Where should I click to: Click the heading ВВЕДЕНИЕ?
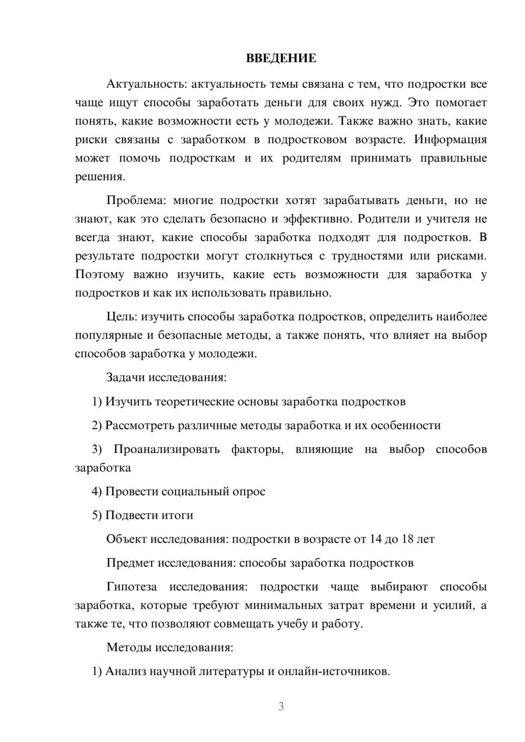click(281, 58)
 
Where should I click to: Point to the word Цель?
click(122, 316)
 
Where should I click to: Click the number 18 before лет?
click(408, 539)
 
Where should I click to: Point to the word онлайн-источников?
click(333, 671)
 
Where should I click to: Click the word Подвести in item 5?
click(128, 515)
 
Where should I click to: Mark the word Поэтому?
click(100, 274)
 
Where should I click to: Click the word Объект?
click(127, 539)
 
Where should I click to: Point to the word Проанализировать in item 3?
click(166, 449)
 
